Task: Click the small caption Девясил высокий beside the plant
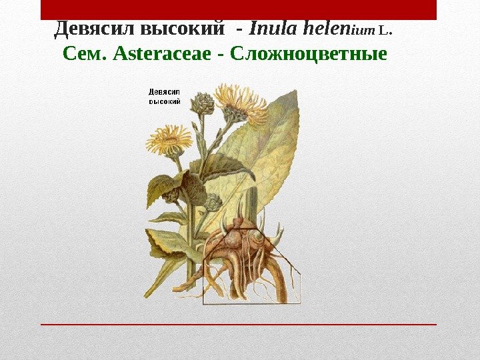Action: [x=163, y=97]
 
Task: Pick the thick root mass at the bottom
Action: [x=247, y=257]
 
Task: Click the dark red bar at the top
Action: [x=239, y=9]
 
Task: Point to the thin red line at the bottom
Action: [x=239, y=325]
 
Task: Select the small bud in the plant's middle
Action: [x=212, y=201]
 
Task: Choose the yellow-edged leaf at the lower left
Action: [x=167, y=243]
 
